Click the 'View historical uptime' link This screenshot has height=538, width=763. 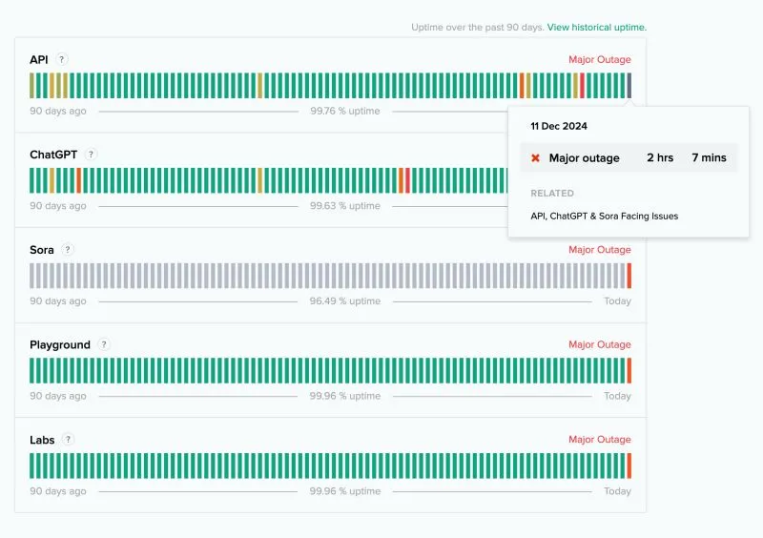(597, 28)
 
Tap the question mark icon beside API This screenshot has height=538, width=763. (61, 59)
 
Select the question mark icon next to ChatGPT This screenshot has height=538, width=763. (91, 155)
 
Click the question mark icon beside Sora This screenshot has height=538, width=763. (68, 250)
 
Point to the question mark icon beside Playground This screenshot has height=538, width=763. (104, 344)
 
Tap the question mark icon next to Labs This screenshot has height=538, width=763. (68, 440)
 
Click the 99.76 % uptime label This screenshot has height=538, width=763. (345, 111)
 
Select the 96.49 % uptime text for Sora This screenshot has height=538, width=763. (345, 300)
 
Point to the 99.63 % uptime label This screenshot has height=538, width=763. (345, 206)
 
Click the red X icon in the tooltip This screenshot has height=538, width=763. (535, 157)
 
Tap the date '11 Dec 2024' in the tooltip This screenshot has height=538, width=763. (559, 126)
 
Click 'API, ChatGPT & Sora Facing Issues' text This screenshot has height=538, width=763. (605, 217)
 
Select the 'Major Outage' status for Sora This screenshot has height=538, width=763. (600, 250)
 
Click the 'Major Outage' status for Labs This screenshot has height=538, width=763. (600, 440)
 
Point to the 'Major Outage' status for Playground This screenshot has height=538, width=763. (600, 344)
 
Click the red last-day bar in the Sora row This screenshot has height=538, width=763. (629, 276)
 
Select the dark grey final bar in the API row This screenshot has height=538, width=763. (629, 86)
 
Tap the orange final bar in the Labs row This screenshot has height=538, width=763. (629, 466)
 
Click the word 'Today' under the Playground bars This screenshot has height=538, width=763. (617, 396)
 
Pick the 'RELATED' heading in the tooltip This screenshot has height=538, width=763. (552, 194)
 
